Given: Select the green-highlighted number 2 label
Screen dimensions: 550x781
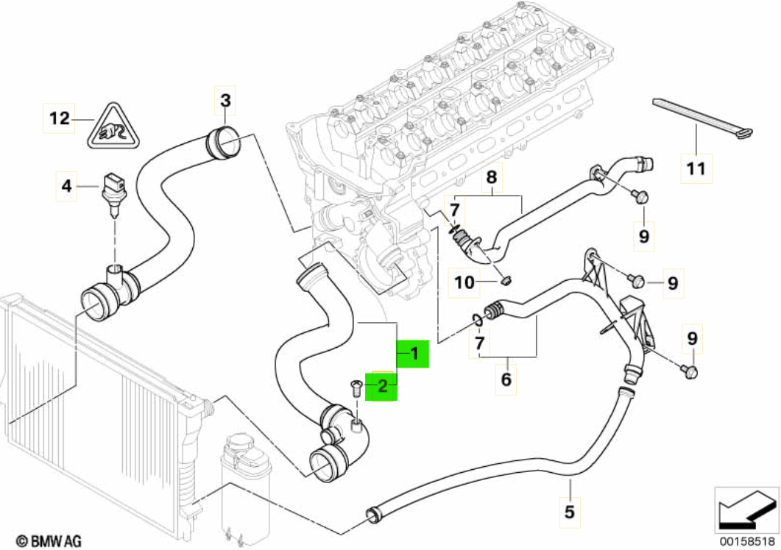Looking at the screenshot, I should coord(382,385).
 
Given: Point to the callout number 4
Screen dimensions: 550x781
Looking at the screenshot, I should coord(67,187).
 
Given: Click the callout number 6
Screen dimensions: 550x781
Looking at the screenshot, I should coord(506,380).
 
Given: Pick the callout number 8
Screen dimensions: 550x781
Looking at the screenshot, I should coord(492,176).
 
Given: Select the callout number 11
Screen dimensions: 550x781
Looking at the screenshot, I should coord(695,168).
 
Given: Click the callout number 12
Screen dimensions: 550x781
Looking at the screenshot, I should coord(59,117).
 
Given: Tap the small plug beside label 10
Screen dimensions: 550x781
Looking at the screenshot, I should coord(506,279).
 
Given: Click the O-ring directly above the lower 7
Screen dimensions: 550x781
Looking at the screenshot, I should coord(478,318).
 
